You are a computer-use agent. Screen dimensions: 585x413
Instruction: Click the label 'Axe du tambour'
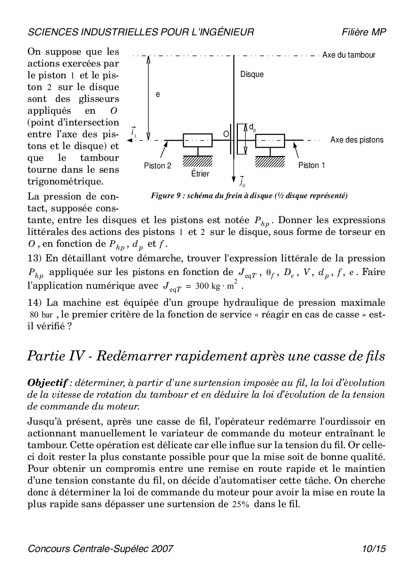pyautogui.click(x=348, y=55)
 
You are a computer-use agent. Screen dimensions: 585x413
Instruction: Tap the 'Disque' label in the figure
pyautogui.click(x=252, y=75)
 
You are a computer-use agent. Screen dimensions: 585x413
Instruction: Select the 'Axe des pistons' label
pyautogui.click(x=357, y=140)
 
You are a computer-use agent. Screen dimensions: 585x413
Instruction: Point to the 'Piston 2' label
pyautogui.click(x=158, y=166)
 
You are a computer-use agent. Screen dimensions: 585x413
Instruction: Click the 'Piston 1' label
pyautogui.click(x=312, y=166)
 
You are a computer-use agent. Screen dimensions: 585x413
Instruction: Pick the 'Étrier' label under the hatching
pyautogui.click(x=200, y=174)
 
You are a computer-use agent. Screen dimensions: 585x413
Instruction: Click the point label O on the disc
pyautogui.click(x=226, y=134)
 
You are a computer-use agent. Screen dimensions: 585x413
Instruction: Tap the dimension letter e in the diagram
pyautogui.click(x=158, y=94)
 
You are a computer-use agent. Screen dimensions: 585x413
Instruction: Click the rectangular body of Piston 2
pyautogui.click(x=197, y=140)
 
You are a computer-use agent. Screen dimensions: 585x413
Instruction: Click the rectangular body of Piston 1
pyautogui.click(x=270, y=140)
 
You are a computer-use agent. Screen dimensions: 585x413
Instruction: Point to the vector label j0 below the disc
pyautogui.click(x=242, y=181)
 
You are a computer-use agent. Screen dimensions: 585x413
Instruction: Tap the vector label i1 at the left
pyautogui.click(x=134, y=134)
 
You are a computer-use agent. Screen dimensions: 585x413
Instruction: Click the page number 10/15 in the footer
pyautogui.click(x=374, y=549)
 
